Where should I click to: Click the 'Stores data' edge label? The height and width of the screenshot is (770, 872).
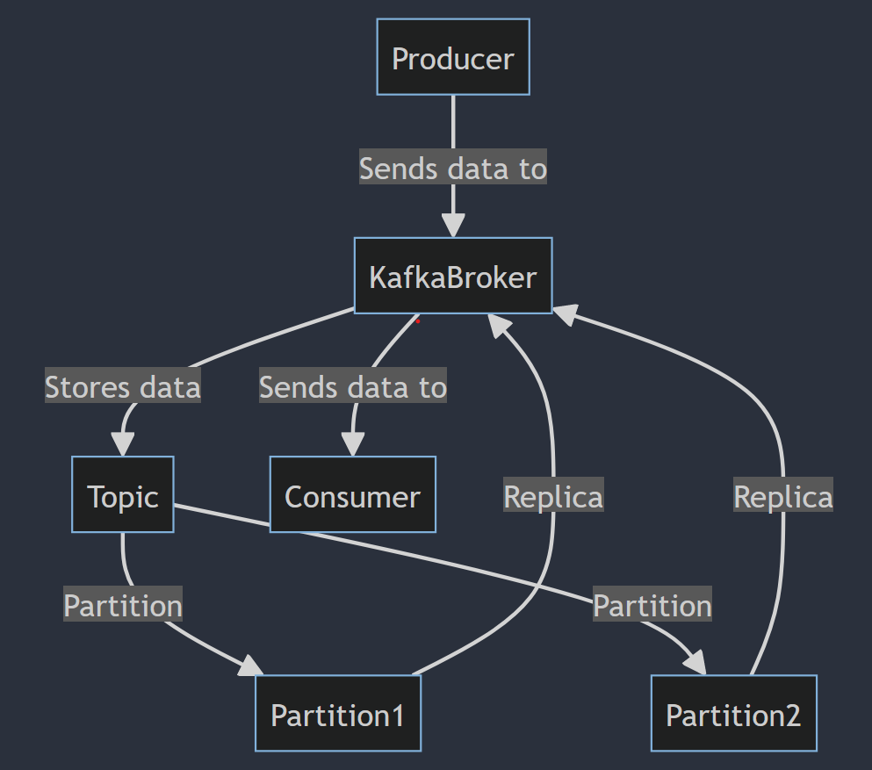(123, 386)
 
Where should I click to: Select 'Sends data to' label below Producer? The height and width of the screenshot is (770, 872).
(453, 168)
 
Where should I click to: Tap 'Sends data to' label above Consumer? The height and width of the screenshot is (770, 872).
(352, 386)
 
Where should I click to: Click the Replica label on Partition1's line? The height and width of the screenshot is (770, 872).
(553, 496)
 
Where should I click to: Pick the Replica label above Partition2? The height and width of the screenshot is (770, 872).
(783, 496)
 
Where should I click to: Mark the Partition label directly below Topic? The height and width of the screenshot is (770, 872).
(123, 605)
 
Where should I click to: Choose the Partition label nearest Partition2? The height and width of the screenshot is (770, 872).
(652, 605)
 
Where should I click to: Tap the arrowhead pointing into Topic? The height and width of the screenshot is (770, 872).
(122, 446)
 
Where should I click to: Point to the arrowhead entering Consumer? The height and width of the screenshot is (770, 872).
(352, 446)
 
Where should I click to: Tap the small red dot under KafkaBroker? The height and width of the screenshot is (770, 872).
(418, 321)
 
